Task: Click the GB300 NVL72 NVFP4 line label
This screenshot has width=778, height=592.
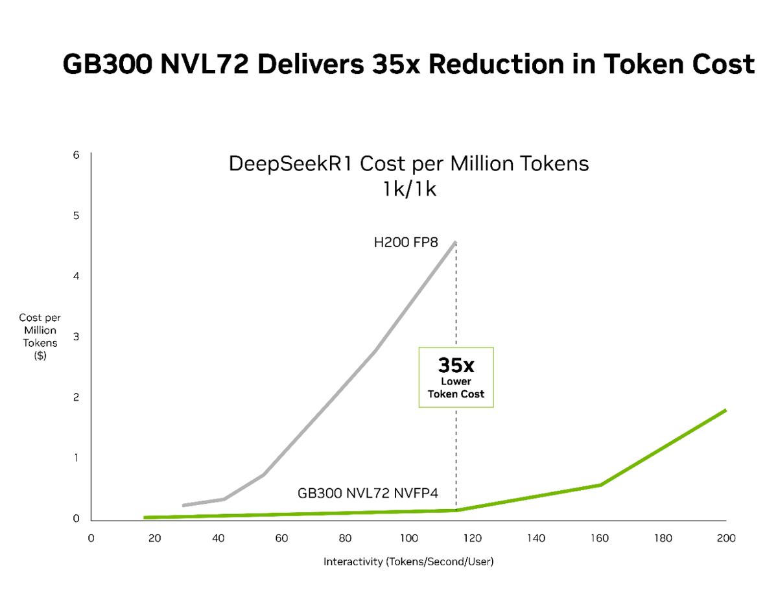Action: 368,493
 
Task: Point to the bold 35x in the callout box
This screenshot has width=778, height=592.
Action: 456,364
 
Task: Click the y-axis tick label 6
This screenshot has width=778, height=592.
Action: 76,155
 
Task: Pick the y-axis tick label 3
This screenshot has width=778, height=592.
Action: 76,337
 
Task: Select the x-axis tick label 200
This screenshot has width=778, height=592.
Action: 726,538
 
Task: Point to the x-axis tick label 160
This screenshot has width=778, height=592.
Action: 599,538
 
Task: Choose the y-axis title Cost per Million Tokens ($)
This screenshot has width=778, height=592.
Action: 40,337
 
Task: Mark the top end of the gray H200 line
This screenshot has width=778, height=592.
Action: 456,242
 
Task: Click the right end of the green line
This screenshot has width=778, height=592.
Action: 725,410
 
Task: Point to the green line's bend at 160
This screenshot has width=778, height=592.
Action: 600,484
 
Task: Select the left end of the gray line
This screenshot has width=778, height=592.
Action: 183,505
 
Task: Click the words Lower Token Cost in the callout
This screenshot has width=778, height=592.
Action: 456,388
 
